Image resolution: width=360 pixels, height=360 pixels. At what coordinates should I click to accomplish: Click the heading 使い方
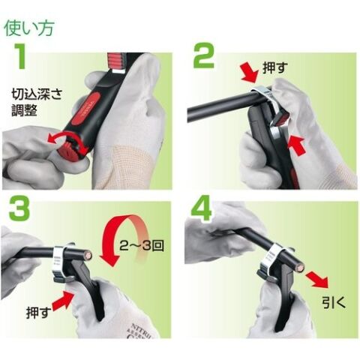pyautogui.click(x=29, y=28)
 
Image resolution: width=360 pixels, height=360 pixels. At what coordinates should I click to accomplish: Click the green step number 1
pyautogui.click(x=20, y=56)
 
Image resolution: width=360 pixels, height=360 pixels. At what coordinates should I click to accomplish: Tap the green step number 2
pyautogui.click(x=204, y=55)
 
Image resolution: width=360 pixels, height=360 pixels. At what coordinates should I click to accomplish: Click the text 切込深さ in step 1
pyautogui.click(x=37, y=94)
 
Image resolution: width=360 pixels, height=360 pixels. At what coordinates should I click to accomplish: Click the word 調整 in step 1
pyautogui.click(x=25, y=110)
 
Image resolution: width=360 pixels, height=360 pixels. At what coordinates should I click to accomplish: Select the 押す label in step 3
pyautogui.click(x=39, y=313)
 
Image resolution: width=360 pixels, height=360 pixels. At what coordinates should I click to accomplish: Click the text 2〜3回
pyautogui.click(x=142, y=246)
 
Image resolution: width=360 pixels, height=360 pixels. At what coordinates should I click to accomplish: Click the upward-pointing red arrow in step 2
pyautogui.click(x=297, y=145)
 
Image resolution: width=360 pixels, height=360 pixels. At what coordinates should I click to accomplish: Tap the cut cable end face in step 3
pyautogui.click(x=88, y=256)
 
